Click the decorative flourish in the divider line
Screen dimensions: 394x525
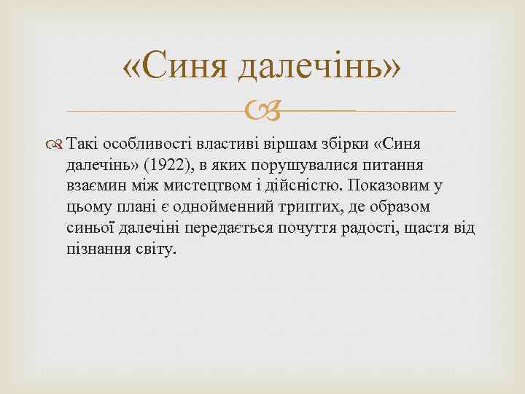tap(261, 112)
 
